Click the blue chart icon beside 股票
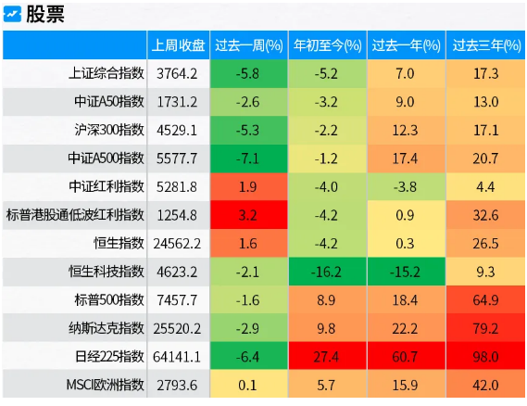click(12, 15)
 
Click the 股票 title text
click(45, 15)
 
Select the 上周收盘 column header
click(178, 45)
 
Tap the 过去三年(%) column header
click(486, 45)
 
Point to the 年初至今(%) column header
click(327, 45)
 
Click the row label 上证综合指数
click(107, 73)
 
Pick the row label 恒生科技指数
click(107, 272)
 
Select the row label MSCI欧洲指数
click(106, 385)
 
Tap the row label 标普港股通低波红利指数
click(75, 215)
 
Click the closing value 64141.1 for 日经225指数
click(177, 357)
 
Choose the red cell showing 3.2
click(249, 215)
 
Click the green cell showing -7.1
click(249, 159)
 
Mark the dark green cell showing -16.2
click(327, 272)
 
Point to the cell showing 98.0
click(485, 356)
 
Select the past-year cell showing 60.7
click(407, 356)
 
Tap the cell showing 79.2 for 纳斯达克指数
click(485, 328)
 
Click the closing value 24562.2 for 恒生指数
click(177, 244)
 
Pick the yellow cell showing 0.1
click(249, 385)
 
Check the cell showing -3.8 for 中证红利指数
click(407, 186)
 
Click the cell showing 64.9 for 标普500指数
click(485, 299)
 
